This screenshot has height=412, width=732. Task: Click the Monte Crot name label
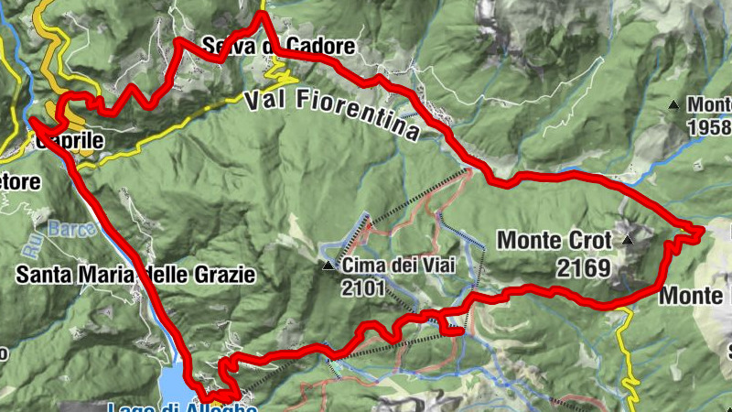[554, 241]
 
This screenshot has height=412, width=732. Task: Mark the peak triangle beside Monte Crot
[628, 241]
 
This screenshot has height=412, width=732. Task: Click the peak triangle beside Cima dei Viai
[328, 266]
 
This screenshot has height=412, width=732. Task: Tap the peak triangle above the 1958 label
[674, 104]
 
